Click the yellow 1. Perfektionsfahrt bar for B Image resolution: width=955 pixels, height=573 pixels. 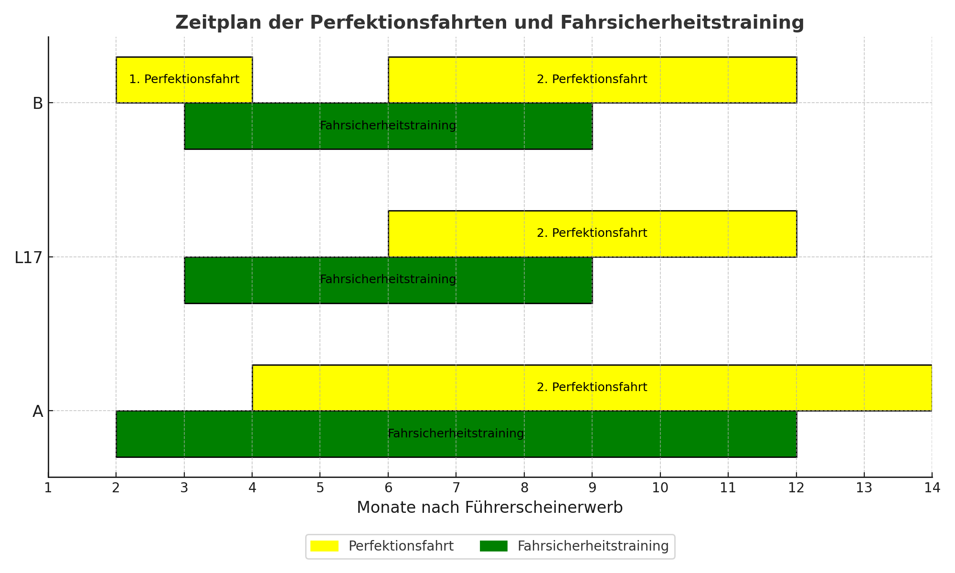(184, 80)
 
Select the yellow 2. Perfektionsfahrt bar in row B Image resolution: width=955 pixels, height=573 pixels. (592, 80)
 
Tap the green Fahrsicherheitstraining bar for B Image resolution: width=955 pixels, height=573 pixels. (388, 126)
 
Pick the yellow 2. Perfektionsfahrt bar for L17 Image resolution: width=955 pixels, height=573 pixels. (592, 233)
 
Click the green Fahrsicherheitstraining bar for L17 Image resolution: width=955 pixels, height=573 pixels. (388, 280)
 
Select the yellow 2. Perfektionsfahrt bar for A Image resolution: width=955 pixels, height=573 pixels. (592, 388)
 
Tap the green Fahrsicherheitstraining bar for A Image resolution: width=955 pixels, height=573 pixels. (456, 434)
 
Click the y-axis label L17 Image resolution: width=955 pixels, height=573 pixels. (29, 257)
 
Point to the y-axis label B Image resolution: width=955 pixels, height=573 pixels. (38, 103)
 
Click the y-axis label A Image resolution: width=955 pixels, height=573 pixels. (38, 412)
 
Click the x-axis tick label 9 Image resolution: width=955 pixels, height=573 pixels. (592, 488)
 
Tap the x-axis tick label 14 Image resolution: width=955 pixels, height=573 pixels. (932, 488)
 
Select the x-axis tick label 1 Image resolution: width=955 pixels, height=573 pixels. (48, 488)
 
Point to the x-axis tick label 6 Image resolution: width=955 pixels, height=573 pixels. (388, 488)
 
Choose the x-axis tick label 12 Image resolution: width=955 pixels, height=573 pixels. (796, 488)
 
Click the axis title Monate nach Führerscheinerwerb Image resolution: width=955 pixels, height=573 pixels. (490, 508)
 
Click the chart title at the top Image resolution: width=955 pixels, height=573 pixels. (490, 23)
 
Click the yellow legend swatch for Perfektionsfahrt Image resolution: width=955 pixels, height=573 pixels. (324, 546)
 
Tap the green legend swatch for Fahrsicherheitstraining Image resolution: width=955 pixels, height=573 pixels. (494, 546)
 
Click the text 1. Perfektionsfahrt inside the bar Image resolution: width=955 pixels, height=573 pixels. (184, 79)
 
